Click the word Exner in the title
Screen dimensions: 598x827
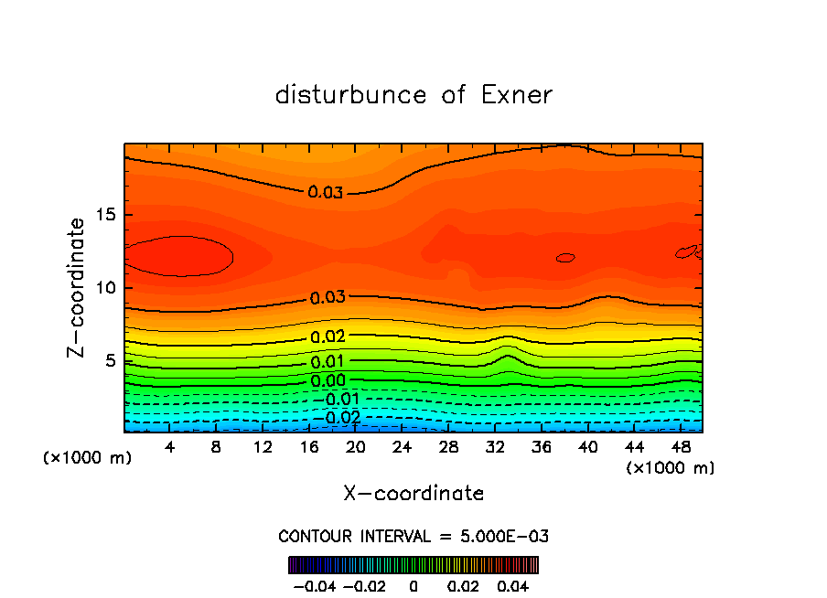click(x=517, y=95)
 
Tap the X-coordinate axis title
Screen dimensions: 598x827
click(x=413, y=494)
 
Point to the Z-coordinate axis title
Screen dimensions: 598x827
click(x=78, y=288)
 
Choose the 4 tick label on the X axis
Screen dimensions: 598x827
click(x=170, y=447)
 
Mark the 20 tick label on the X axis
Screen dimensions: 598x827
click(x=356, y=447)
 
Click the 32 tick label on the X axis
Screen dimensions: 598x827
click(x=495, y=447)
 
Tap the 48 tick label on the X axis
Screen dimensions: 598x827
click(x=681, y=447)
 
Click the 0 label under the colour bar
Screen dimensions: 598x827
click(x=413, y=585)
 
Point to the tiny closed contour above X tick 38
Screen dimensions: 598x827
click(x=565, y=258)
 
